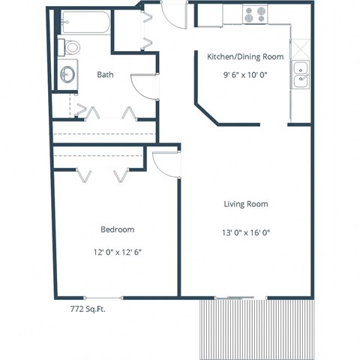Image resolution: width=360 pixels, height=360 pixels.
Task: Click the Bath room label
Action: click(x=105, y=73)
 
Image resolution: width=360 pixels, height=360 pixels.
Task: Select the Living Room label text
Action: click(x=246, y=204)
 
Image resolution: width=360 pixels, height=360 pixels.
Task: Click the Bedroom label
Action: click(x=117, y=229)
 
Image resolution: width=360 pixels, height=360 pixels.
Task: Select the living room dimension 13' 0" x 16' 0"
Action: click(x=246, y=232)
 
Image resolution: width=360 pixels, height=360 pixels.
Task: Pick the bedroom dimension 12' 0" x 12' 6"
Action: click(x=117, y=251)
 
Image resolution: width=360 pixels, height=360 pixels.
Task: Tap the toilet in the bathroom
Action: click(x=70, y=47)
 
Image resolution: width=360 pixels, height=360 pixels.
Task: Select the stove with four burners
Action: click(x=255, y=13)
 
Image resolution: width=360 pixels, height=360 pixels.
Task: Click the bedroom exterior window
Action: click(x=105, y=297)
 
